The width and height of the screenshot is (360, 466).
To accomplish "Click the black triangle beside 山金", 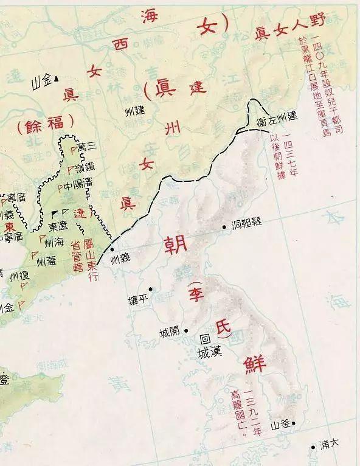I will pos(57,78).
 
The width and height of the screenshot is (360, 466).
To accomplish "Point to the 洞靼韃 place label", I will pos(246,223).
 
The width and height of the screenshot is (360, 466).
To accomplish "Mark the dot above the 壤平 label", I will pos(150,288).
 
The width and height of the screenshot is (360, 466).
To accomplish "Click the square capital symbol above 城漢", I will pos(205,339).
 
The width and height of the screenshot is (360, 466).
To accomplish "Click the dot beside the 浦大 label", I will pos(314,446).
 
